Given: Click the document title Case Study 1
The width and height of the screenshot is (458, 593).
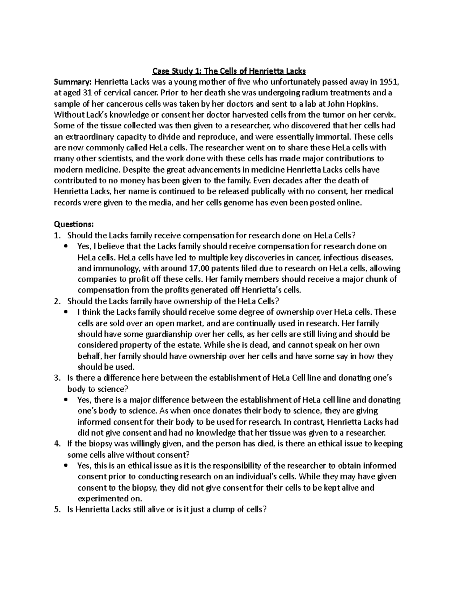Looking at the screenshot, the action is pyautogui.click(x=229, y=71).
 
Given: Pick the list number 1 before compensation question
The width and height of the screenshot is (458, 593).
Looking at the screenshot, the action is pyautogui.click(x=57, y=235).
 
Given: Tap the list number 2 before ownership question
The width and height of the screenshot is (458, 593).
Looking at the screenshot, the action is pyautogui.click(x=57, y=301).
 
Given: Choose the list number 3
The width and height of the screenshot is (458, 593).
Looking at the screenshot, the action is pyautogui.click(x=57, y=378).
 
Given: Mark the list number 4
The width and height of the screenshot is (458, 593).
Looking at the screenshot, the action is pyautogui.click(x=57, y=444).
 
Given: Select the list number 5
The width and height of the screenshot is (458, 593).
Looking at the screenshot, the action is pyautogui.click(x=57, y=509).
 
